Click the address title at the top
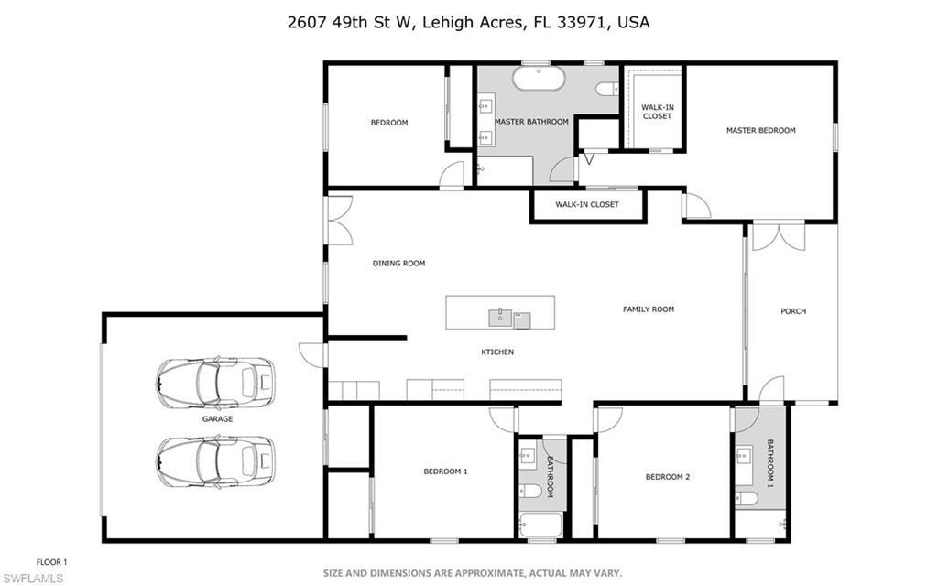(x=468, y=22)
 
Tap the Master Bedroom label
(x=760, y=131)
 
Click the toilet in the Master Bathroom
(x=605, y=90)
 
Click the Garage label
(x=217, y=418)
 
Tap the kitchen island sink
(x=500, y=319)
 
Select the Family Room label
(x=648, y=309)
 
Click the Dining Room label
(x=398, y=264)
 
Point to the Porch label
(x=792, y=311)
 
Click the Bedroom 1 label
(x=445, y=471)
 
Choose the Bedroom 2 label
(x=667, y=477)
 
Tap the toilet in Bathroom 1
(x=746, y=498)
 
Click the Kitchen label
(x=497, y=352)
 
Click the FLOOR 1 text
(x=51, y=562)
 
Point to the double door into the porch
(x=778, y=235)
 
